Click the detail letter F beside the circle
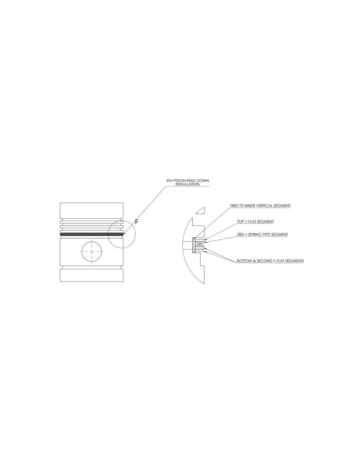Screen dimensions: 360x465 [136, 222]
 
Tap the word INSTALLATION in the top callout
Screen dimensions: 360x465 [188, 184]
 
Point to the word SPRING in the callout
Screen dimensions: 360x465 [255, 234]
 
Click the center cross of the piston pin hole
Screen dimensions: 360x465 [92, 251]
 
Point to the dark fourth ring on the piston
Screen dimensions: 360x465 [92, 234]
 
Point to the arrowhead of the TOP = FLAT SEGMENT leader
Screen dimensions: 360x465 [206, 240]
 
